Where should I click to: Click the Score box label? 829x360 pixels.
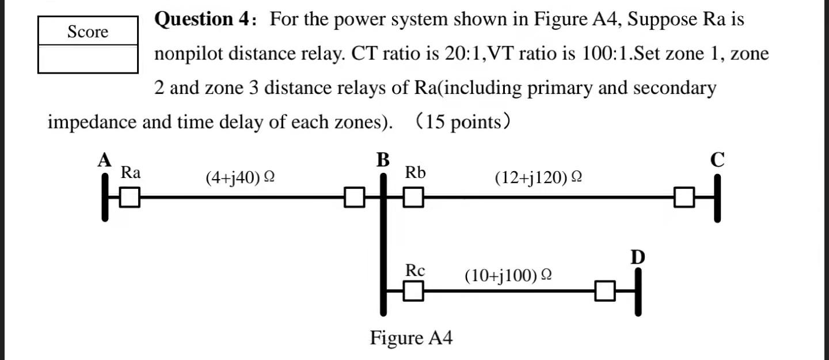point(88,32)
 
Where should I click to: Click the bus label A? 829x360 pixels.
point(104,161)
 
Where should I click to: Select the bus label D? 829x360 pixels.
point(637,257)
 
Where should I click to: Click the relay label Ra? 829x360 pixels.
point(131,172)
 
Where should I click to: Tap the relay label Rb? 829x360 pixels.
point(415,172)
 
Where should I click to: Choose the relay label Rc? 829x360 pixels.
point(415,270)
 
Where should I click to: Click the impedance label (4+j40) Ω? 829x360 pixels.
point(239,178)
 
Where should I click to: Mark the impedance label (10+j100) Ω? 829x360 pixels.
point(509,275)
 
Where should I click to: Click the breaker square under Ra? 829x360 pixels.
point(131,198)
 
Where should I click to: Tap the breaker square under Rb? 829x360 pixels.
point(413,198)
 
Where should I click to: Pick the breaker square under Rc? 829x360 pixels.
point(413,291)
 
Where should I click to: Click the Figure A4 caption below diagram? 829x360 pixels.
point(411,338)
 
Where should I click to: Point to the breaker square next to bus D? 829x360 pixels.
point(605,291)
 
